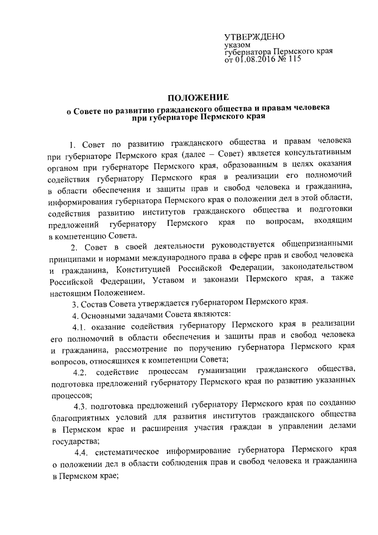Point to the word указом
(x=237, y=44)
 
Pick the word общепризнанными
(x=319, y=245)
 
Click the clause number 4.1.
(x=79, y=327)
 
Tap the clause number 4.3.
(x=82, y=405)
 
